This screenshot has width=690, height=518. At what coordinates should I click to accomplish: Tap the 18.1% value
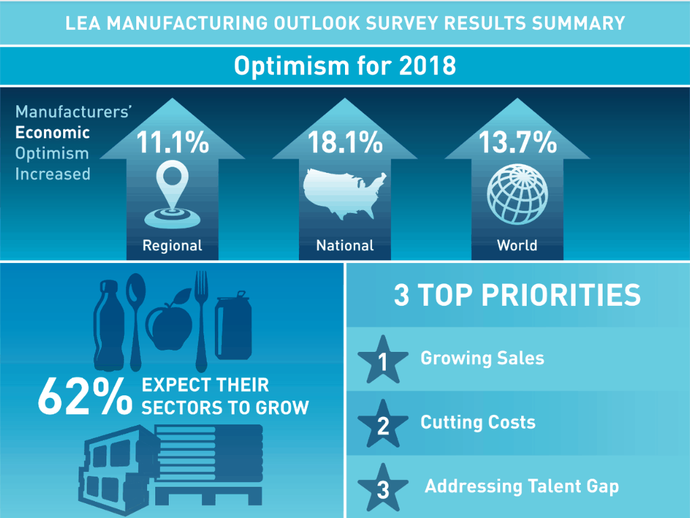[345, 142]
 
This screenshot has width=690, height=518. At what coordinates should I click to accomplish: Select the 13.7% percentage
[517, 142]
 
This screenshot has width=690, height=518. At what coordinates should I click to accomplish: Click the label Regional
[172, 245]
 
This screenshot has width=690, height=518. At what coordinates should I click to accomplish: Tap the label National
[345, 245]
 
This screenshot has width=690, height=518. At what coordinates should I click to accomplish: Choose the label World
[517, 245]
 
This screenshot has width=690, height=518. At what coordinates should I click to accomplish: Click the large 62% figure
[84, 397]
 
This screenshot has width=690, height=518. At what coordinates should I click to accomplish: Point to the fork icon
[201, 319]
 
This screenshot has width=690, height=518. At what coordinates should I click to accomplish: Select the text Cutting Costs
[478, 422]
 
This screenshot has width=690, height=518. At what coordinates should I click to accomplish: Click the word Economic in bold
[53, 132]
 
